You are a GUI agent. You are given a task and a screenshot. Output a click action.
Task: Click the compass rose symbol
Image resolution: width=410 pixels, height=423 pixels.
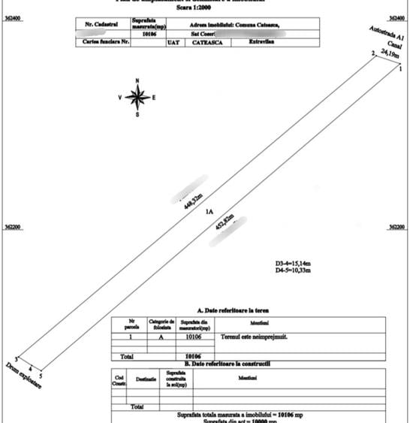tap(137, 97)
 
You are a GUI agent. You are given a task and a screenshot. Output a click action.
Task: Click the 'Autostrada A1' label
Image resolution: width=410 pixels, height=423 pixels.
tap(387, 35)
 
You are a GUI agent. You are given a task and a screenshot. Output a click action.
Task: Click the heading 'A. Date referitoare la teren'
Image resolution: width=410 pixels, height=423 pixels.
tap(234, 309)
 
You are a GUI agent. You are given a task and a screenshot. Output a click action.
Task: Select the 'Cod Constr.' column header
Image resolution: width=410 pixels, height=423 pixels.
tap(118, 378)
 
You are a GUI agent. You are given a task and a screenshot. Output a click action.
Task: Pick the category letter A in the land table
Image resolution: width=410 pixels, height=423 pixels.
tap(159, 337)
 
